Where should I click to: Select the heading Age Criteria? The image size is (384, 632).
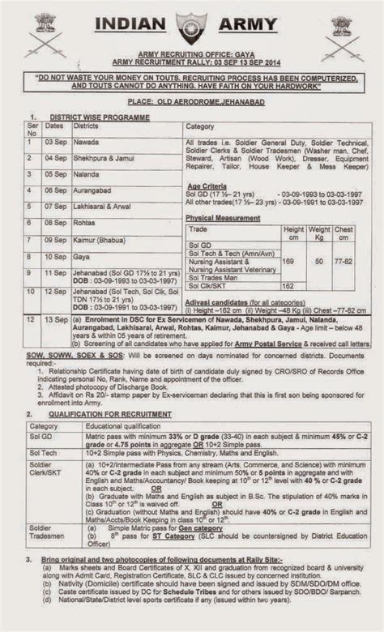209,185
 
